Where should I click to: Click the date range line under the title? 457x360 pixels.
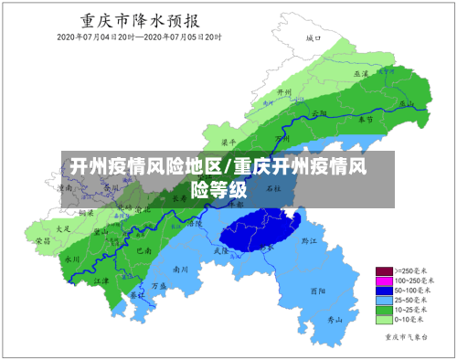click(139, 37)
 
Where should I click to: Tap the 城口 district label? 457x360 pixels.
click(314, 39)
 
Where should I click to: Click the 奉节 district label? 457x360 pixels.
click(365, 120)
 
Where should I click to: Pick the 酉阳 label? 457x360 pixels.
click(318, 291)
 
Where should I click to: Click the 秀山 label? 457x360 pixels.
click(335, 320)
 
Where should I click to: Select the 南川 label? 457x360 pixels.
click(180, 270)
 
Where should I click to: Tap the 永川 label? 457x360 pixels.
click(72, 259)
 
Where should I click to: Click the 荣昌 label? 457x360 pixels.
click(43, 241)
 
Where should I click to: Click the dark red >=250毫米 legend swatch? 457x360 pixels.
click(384, 271)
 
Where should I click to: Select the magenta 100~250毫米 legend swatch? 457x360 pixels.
click(384, 281)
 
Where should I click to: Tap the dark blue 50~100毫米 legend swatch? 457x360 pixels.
click(384, 291)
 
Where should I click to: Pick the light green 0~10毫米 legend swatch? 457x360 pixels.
click(384, 320)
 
